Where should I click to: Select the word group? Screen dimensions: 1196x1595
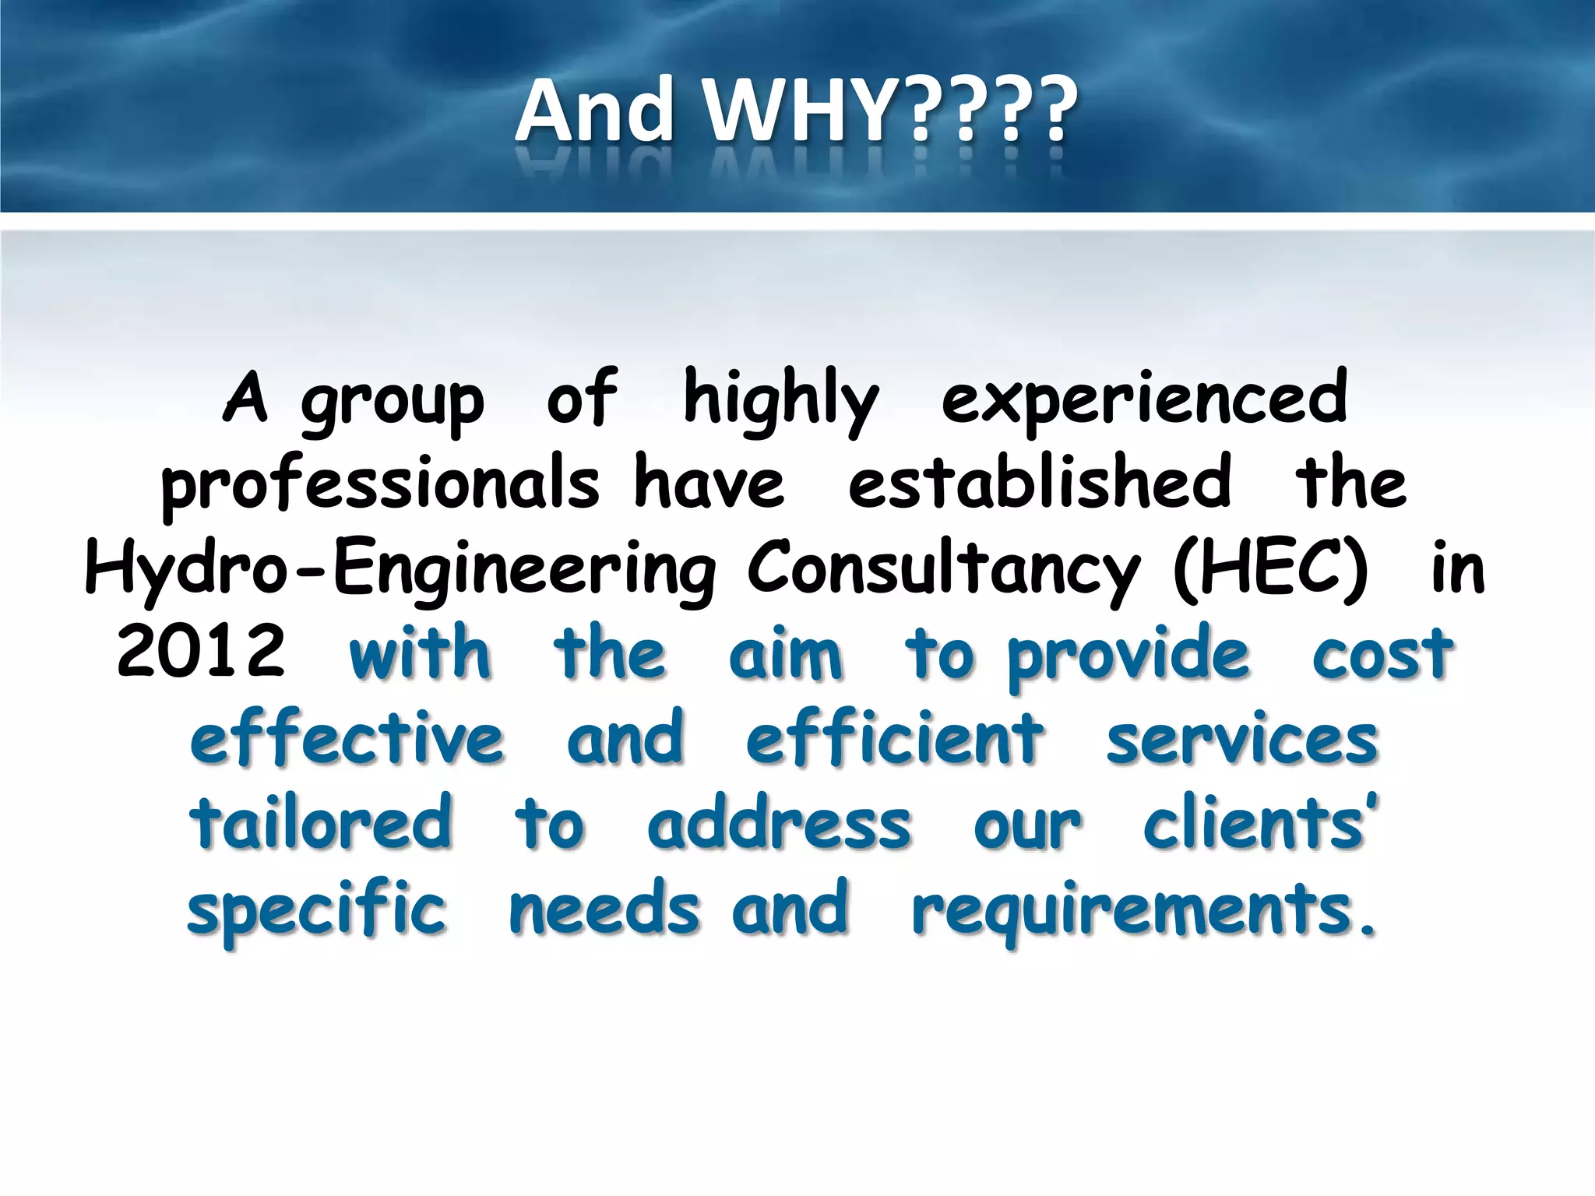coord(393,402)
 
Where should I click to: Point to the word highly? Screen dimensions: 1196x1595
coord(781,400)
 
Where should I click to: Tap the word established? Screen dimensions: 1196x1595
coord(1040,483)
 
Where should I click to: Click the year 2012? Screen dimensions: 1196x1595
coord(201,653)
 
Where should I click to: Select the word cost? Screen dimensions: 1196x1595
coord(1382,654)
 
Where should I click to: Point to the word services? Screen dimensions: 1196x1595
coord(1242,740)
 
